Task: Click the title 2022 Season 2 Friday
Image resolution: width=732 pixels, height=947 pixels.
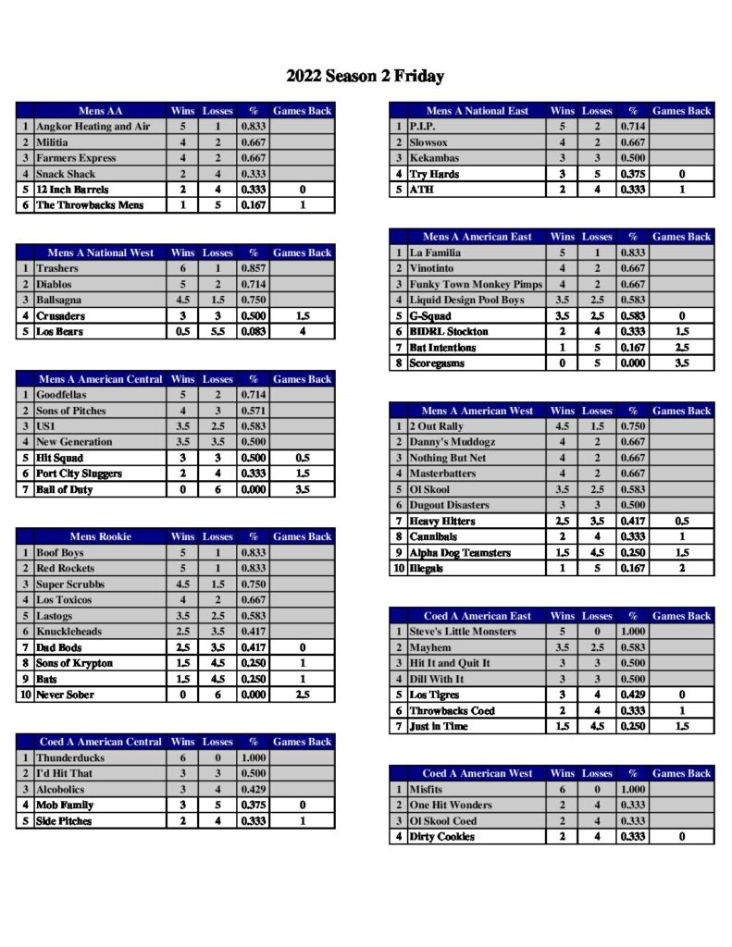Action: [365, 77]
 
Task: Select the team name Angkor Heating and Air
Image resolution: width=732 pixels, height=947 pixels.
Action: [84, 127]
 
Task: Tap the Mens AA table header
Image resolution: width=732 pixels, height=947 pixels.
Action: [100, 111]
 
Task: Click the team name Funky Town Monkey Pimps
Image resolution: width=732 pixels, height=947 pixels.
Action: [476, 284]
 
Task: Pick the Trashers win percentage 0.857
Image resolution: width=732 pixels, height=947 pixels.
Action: [254, 268]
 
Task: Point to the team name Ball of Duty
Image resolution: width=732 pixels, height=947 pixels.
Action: [65, 489]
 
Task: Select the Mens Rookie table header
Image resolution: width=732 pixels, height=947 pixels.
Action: [100, 536]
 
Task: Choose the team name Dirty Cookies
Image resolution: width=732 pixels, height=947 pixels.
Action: [442, 837]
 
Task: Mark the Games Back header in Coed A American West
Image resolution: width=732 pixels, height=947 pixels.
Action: [682, 773]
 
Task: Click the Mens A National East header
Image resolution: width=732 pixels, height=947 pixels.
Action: [477, 111]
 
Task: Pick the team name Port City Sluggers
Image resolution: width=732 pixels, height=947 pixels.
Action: [79, 473]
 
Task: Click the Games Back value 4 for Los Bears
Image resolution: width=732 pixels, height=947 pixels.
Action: [302, 331]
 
